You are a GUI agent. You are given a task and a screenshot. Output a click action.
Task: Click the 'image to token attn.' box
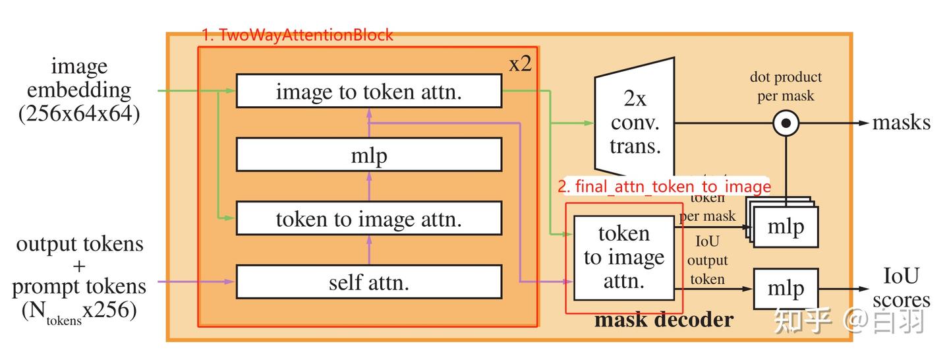[368, 92]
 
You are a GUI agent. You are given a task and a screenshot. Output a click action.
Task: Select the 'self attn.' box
[368, 282]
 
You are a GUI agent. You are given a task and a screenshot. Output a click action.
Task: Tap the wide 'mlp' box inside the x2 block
[368, 156]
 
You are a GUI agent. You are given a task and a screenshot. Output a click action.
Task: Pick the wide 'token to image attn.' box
[368, 219]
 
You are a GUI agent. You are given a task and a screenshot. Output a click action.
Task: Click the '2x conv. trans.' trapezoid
[635, 123]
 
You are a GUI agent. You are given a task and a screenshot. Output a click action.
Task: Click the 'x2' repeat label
[520, 64]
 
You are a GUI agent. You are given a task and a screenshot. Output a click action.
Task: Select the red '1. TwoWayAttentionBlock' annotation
[297, 35]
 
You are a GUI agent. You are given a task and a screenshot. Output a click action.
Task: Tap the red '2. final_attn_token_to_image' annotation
[664, 187]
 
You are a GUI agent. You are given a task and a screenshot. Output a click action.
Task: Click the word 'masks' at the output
[901, 123]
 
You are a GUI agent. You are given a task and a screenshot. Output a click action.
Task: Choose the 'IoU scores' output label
[901, 288]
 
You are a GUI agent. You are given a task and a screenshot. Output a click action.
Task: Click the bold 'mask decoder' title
[663, 320]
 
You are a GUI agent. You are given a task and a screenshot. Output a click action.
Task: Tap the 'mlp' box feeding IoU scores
[786, 289]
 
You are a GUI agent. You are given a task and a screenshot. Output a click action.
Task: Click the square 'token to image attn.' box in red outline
[623, 257]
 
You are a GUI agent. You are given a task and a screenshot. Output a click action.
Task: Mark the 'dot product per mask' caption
[786, 86]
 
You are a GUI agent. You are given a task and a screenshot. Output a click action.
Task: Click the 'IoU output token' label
[707, 261]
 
